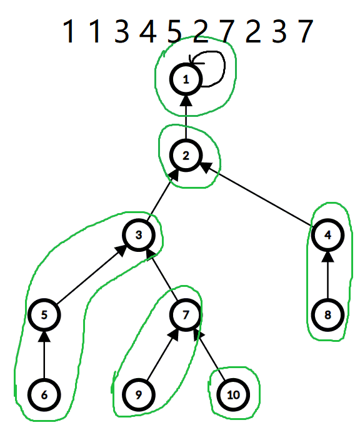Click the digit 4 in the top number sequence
click(148, 31)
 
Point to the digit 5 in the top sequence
click(174, 31)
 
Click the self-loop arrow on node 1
click(225, 66)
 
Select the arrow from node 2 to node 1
click(186, 117)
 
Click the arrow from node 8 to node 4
click(327, 275)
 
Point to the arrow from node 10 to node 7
click(209, 354)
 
